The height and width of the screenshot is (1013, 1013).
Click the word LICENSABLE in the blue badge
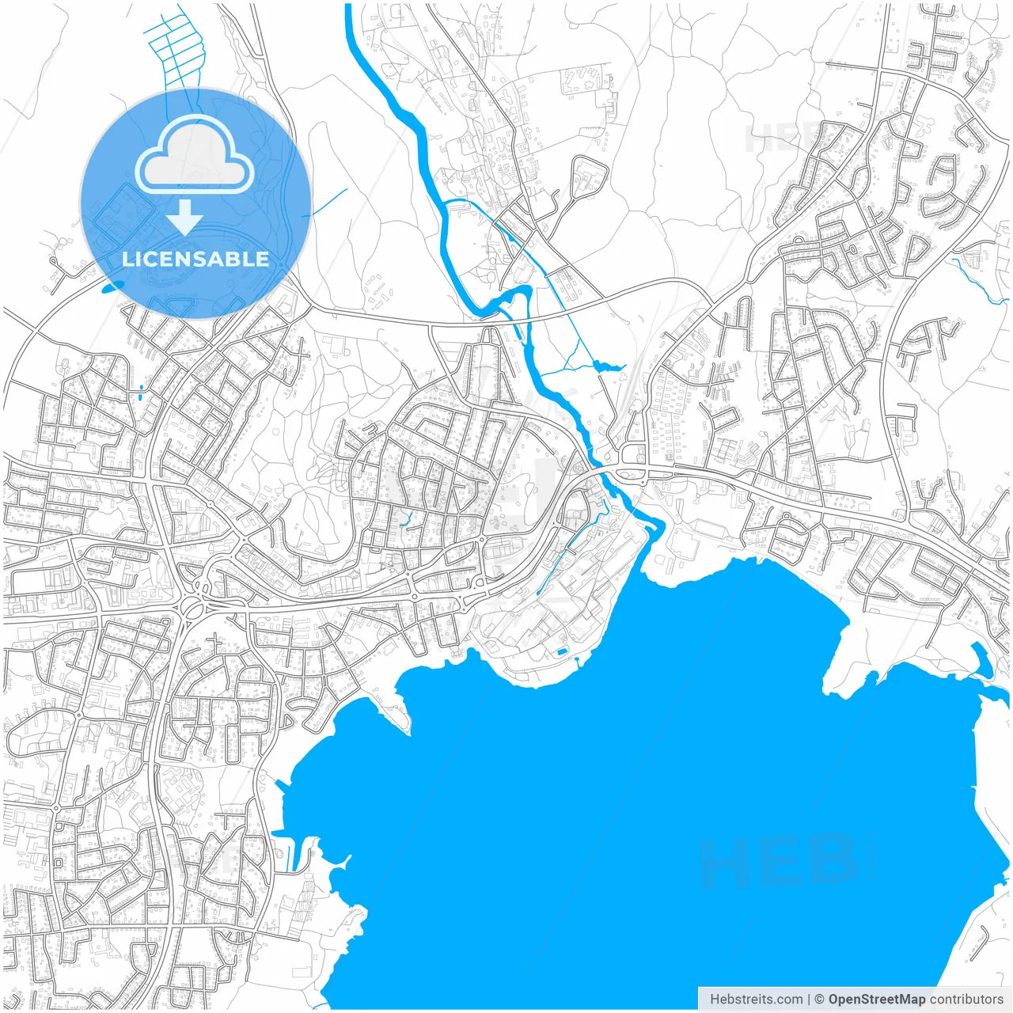pyautogui.click(x=195, y=259)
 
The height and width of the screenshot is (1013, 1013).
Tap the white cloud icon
pyautogui.click(x=195, y=156)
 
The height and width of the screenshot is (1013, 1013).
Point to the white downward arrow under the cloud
pyautogui.click(x=184, y=217)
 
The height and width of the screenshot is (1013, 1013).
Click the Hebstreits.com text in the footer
pyautogui.click(x=756, y=1000)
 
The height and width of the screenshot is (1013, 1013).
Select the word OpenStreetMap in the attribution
pyautogui.click(x=876, y=1000)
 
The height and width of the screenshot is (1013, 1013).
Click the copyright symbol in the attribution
pyautogui.click(x=820, y=1000)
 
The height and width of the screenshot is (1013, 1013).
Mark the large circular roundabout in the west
pyautogui.click(x=192, y=609)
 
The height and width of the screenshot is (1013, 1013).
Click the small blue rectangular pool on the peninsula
pyautogui.click(x=561, y=651)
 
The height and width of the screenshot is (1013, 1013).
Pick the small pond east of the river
pyautogui.click(x=607, y=365)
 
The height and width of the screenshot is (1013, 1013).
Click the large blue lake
pyautogui.click(x=633, y=791)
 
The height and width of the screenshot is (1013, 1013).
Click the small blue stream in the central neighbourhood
pyautogui.click(x=406, y=518)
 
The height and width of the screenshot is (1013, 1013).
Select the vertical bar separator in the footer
pyautogui.click(x=808, y=1000)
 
